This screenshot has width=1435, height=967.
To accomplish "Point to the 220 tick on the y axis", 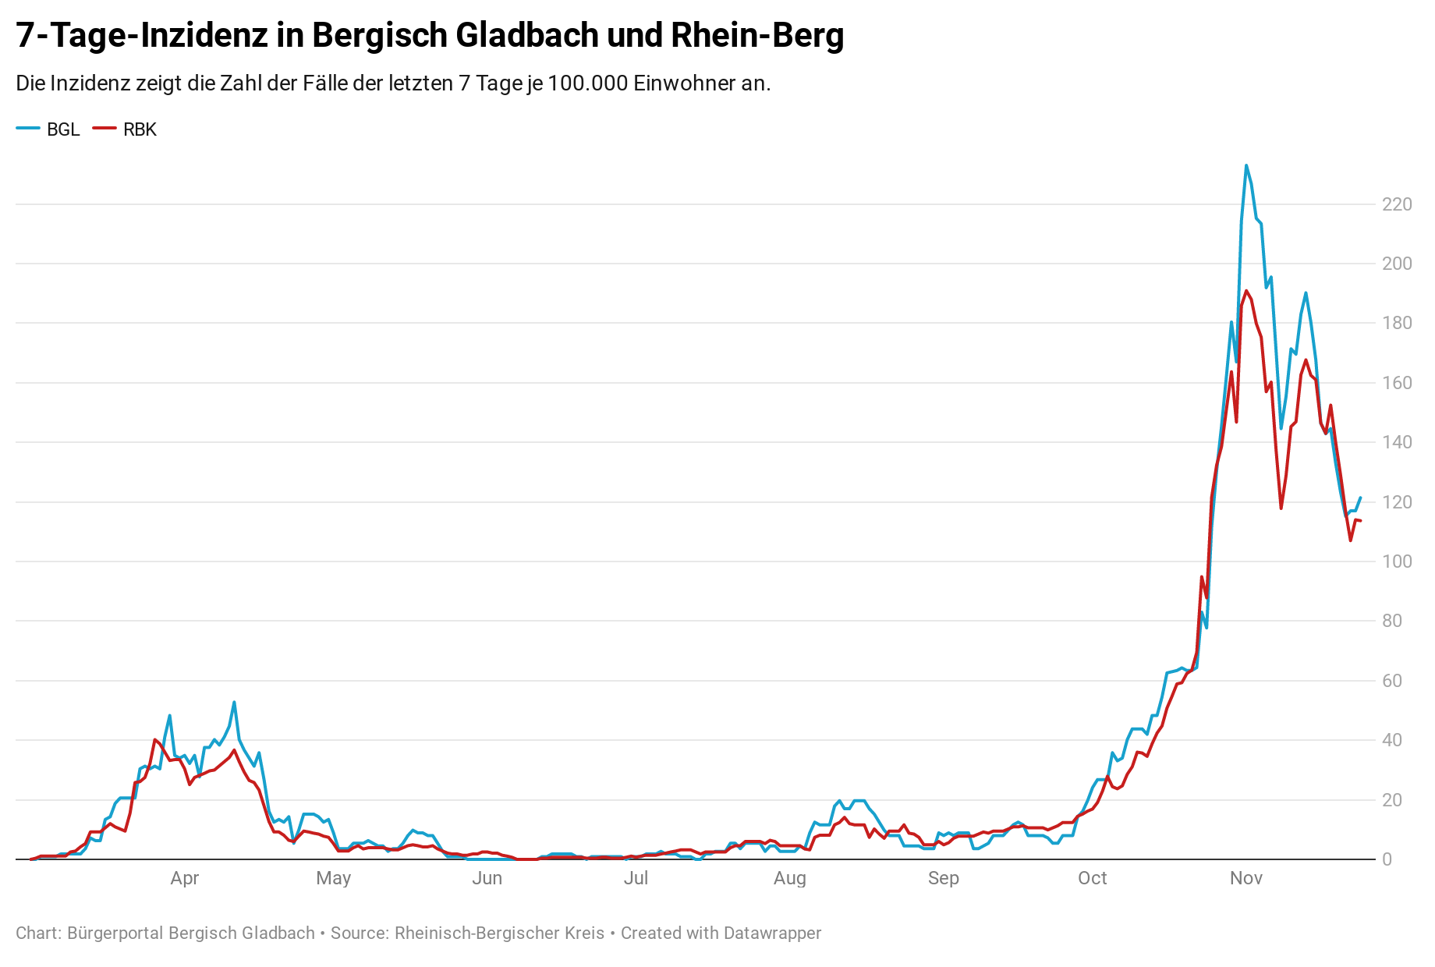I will point(1396,204).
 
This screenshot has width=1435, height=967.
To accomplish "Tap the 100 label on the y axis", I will point(1396,561).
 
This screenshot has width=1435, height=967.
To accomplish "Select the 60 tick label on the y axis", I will point(1391,681).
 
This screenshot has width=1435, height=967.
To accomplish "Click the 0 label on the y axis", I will point(1387,859).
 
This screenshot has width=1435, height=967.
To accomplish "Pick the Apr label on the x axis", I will point(185,878).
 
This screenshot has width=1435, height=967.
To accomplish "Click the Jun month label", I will point(487,878).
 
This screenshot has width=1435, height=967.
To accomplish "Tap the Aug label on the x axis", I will point(789,878).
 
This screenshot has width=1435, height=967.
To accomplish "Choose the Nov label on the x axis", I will point(1245,878).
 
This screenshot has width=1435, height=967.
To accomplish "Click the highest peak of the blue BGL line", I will point(1245,165).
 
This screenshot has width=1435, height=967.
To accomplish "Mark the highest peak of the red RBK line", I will point(1245,291).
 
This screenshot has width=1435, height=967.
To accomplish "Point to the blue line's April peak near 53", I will point(234,702).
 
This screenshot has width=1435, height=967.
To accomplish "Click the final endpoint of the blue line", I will point(1360,498).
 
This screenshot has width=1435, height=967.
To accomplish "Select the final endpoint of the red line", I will point(1360,521).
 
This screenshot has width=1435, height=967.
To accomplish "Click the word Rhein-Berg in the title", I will point(756,36).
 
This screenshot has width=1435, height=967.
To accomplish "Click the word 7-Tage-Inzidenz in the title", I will point(141,36).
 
